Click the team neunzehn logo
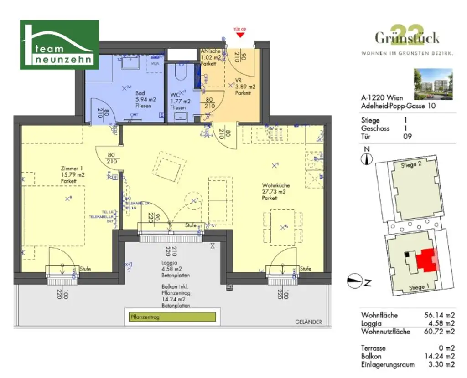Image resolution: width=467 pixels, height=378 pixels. pos(59,45)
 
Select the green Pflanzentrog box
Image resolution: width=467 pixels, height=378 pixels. pos(170,317)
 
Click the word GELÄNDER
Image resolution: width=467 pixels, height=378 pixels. pos(308,322)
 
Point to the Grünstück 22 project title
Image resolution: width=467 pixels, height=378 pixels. pos(407,36)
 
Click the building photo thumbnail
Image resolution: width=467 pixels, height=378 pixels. pos(433,84)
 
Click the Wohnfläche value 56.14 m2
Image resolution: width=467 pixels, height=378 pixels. pos(440,315)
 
